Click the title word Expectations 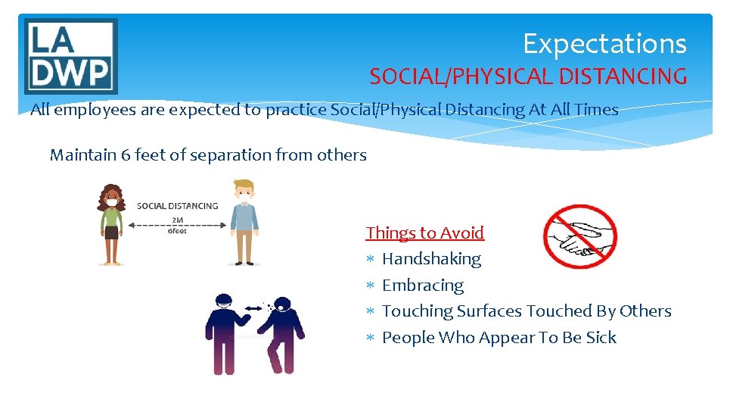(x=604, y=44)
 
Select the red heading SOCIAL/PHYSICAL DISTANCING (x=528, y=76)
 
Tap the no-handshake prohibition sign (x=580, y=237)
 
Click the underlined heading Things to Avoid (x=424, y=233)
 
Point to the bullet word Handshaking (x=431, y=259)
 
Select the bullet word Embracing (x=423, y=286)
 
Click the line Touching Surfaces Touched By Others (x=527, y=311)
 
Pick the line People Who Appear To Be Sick (x=499, y=338)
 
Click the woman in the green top (x=112, y=224)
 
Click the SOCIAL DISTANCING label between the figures (x=177, y=206)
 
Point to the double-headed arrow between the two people (x=177, y=225)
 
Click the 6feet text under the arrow (x=177, y=232)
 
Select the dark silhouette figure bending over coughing (x=280, y=333)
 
